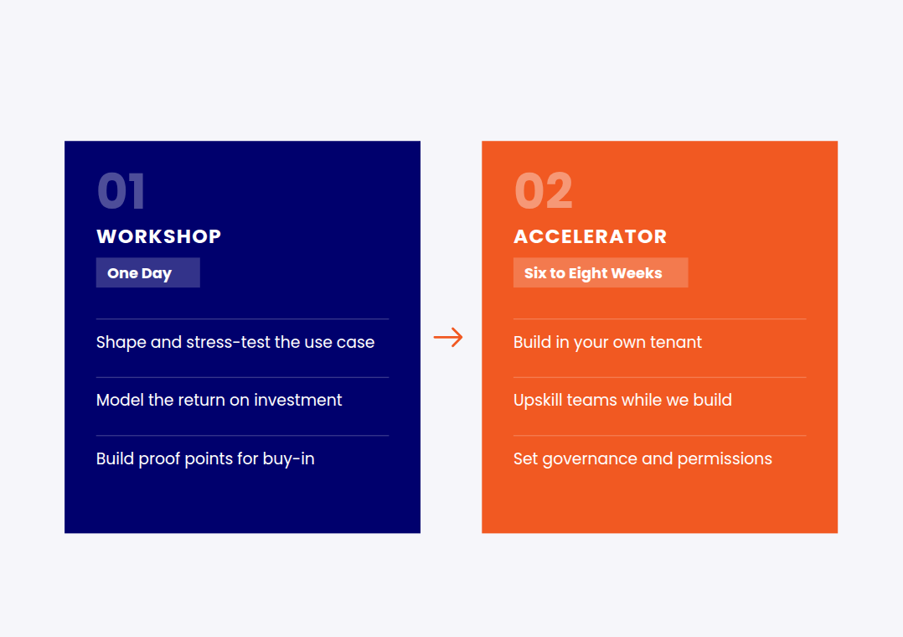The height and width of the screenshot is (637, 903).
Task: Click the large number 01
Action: coord(121,191)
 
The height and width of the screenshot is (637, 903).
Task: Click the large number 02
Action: coord(544,191)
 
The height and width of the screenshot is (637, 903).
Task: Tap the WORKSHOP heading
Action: coord(159,236)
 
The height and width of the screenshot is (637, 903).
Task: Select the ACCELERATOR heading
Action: coord(591,236)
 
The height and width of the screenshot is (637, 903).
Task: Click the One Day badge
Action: coord(148,272)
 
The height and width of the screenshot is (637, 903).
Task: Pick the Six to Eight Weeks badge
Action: coord(601,272)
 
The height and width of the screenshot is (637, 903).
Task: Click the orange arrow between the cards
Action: coord(448,337)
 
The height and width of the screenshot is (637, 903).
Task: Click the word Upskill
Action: coord(538,400)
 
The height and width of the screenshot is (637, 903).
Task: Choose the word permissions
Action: coord(725,459)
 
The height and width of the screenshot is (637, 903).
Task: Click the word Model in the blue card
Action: coord(120,400)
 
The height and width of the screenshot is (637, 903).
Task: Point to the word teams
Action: coord(591,400)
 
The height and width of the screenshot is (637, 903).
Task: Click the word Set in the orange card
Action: coord(526,458)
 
